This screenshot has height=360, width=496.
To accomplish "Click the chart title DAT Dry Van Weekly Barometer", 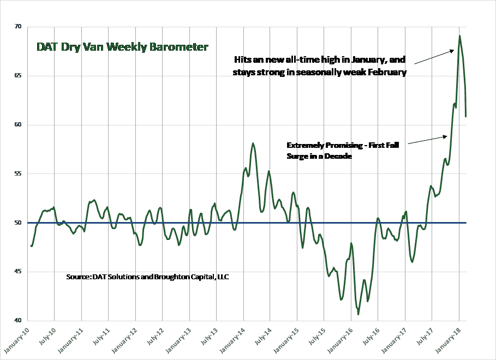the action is pos(122,47).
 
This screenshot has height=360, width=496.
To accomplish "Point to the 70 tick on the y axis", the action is pos(18,26).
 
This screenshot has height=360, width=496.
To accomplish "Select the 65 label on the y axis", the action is pos(18,76).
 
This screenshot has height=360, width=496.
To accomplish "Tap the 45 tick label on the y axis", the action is pos(18,272).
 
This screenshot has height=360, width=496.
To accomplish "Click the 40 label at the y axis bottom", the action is pos(18,320).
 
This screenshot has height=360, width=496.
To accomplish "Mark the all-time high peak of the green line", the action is pos(459,36).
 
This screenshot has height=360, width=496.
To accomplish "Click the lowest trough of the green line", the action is pos(358,314).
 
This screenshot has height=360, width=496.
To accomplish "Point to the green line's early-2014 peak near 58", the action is pos(253,143).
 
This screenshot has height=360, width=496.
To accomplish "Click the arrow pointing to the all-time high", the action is pos(434,57).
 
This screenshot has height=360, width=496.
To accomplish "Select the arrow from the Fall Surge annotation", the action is pos(427,140).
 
